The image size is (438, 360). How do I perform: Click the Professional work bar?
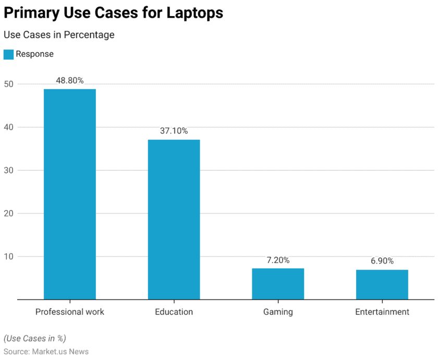point(70,194)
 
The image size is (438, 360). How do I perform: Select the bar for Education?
point(174,219)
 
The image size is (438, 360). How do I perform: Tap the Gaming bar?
point(278,284)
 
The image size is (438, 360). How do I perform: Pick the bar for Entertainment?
point(382,284)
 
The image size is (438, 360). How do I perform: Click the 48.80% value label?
point(70,81)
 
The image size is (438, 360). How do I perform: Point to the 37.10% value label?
point(174,131)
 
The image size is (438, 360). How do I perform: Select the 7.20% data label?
point(278,260)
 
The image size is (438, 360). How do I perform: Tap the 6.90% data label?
point(382,261)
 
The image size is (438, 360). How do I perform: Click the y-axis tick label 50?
point(9,84)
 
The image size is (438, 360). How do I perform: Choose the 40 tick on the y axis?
point(9,127)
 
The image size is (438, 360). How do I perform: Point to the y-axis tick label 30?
point(9,170)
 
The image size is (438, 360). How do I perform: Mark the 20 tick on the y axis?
point(9,213)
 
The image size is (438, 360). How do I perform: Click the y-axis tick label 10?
point(9,256)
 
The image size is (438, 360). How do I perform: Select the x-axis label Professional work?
point(70,312)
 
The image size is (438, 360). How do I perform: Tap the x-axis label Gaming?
point(278,312)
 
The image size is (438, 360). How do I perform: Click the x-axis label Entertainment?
point(382,312)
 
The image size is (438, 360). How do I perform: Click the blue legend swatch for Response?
point(8,54)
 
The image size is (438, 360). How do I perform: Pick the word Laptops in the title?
point(194,13)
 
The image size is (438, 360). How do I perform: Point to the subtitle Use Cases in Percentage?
point(59,35)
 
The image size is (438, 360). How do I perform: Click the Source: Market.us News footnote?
point(46,352)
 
